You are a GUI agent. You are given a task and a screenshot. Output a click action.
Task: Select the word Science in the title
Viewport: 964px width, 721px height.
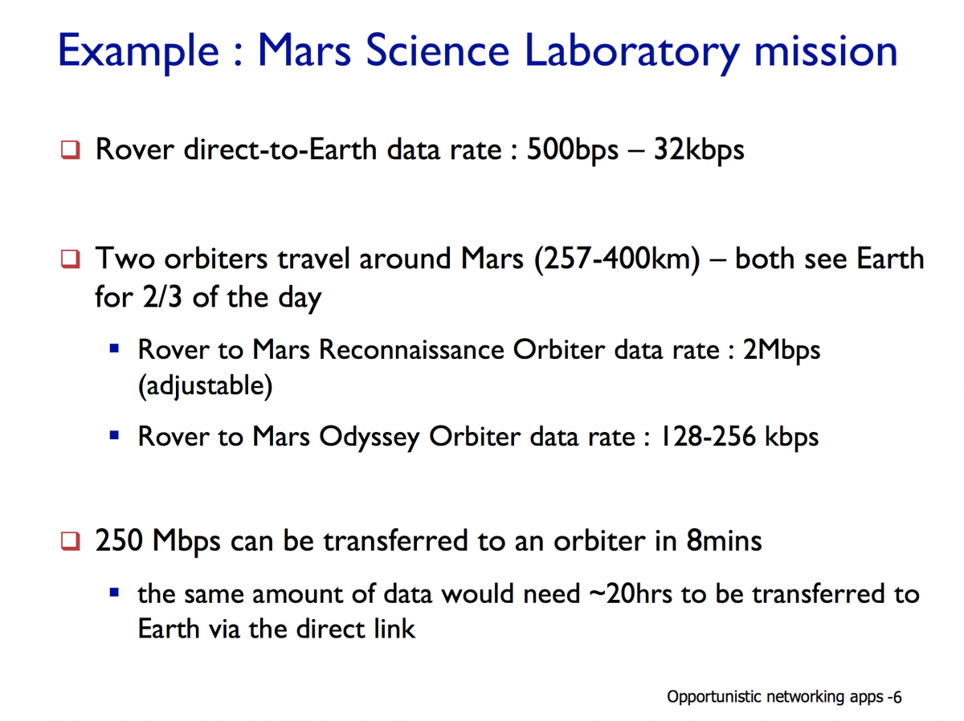coord(437,51)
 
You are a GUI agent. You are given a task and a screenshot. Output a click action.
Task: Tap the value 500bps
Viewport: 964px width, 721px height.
coord(572,150)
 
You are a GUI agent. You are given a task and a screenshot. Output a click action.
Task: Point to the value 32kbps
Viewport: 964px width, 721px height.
coord(699,150)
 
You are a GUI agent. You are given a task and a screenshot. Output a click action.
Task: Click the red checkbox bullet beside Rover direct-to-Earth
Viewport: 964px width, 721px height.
coord(70,149)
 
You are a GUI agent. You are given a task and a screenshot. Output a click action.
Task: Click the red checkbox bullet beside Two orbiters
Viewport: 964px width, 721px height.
coord(70,259)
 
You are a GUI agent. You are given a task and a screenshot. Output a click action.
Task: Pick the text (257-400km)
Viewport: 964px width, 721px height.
coord(617,259)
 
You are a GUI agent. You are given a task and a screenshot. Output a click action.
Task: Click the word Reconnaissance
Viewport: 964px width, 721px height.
coord(411,350)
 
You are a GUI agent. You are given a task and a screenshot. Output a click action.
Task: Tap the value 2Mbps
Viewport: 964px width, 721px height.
coord(782,351)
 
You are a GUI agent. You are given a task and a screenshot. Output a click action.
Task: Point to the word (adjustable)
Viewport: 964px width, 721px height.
coord(205,386)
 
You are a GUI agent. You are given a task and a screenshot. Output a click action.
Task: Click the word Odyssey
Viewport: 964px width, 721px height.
coord(370,438)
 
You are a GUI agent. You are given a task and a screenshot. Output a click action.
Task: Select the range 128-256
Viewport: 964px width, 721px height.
coord(708,436)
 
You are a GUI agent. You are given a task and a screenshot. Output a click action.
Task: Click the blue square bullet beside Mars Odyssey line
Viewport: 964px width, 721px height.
coord(114,435)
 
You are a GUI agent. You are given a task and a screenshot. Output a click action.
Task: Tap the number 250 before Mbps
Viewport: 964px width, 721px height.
coord(119,540)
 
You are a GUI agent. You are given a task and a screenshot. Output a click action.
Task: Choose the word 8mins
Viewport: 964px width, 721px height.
coord(725,540)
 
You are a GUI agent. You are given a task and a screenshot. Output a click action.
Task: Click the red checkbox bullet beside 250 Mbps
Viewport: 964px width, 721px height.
coord(70,540)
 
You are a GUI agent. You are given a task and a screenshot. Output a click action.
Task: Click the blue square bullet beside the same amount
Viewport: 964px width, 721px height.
coord(114,593)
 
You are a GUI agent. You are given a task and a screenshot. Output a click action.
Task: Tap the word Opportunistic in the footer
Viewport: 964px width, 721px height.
coord(714,697)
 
